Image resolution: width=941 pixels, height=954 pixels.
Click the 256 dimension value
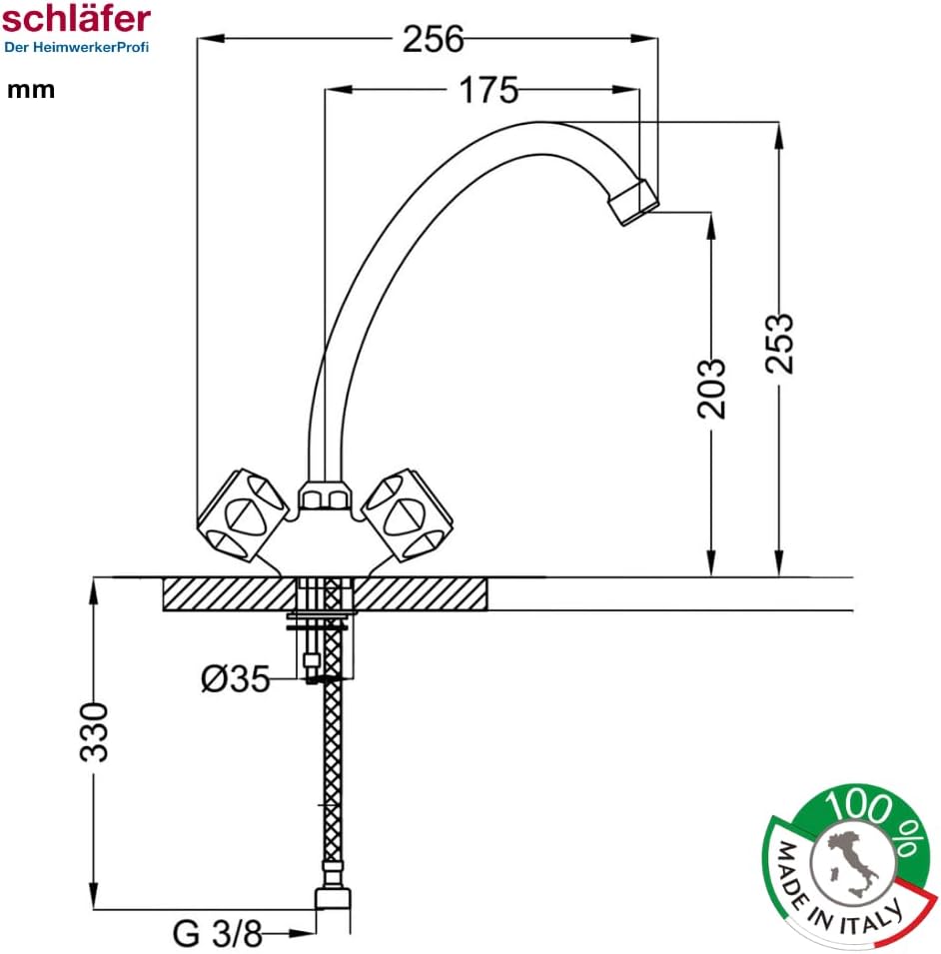coord(434,39)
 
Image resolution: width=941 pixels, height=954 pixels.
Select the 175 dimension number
coord(488,91)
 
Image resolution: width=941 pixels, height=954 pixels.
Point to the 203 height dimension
coord(710,388)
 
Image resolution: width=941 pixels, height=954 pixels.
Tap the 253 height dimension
coord(780,343)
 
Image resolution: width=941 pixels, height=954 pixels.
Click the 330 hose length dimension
coord(95,731)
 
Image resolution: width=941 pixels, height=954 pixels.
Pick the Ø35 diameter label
coord(236,679)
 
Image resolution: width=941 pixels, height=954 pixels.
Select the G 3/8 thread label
coord(217,934)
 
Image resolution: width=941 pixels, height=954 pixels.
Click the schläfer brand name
coord(76,17)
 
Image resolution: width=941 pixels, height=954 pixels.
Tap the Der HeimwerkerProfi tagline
coord(76,47)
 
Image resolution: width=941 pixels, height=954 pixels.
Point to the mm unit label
coord(31,90)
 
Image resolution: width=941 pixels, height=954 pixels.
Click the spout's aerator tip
coord(633,201)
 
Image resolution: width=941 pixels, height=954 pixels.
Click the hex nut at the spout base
coord(325,495)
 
